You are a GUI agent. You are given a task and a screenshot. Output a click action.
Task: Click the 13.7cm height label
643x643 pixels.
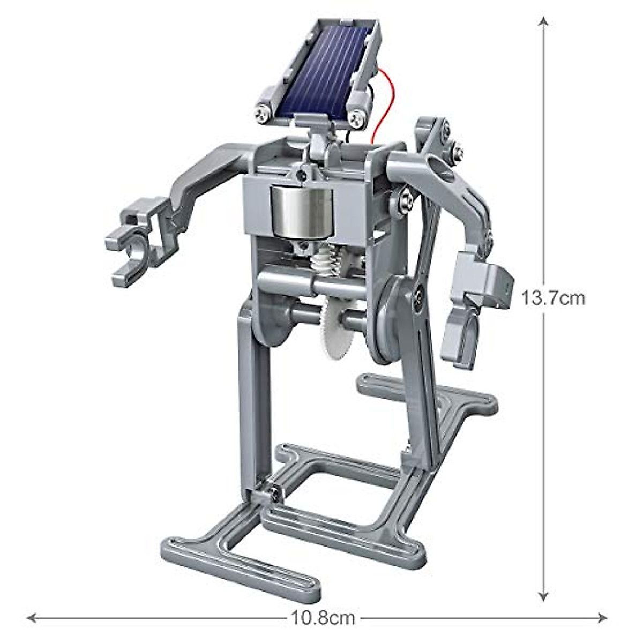[x=554, y=297]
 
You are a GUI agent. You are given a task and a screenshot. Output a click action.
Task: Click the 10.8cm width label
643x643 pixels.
[x=323, y=618]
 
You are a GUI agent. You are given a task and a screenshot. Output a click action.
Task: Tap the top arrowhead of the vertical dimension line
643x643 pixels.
[x=543, y=21]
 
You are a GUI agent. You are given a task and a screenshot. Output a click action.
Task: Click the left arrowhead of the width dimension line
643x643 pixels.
[x=32, y=617]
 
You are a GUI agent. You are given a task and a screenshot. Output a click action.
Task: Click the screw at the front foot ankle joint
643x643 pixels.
[x=274, y=492]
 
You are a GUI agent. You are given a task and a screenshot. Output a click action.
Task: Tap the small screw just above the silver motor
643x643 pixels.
[x=304, y=174]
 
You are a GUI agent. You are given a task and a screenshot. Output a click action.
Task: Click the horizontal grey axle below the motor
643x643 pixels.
[x=300, y=281]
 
